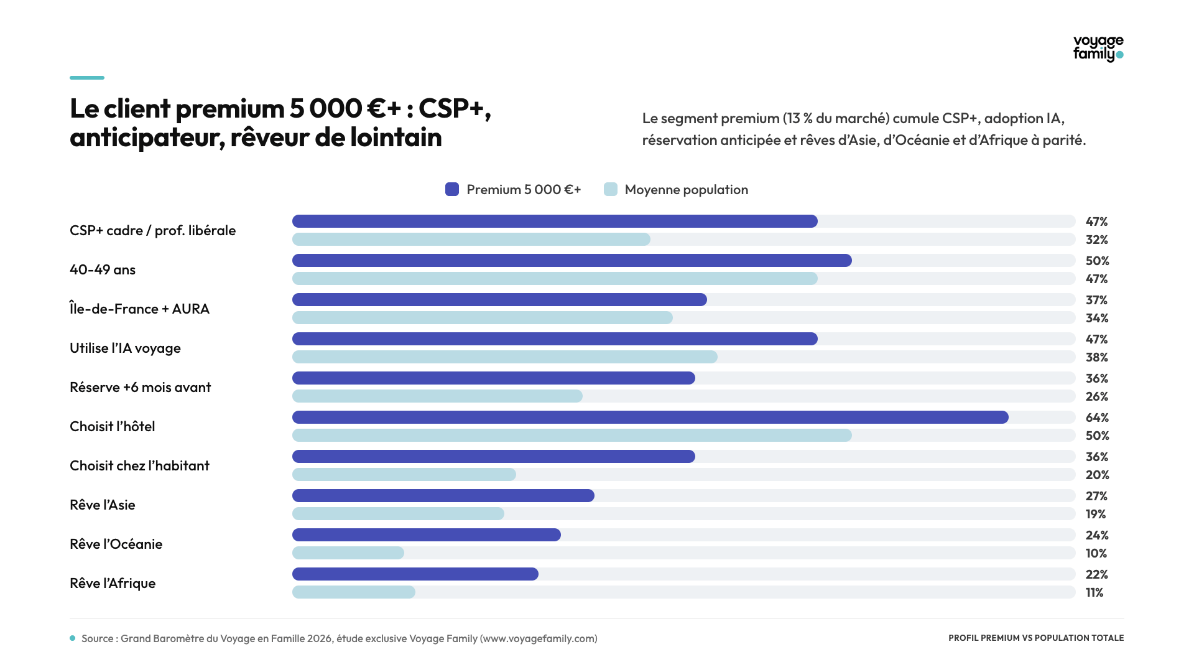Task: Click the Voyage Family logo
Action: coord(1098,49)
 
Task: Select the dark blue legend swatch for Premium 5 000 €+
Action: coord(452,189)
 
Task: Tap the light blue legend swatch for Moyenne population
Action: coord(611,189)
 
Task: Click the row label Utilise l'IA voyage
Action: coord(125,348)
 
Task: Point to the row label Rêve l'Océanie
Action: coord(116,544)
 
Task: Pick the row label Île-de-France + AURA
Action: coord(139,309)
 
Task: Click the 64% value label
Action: coord(1097,418)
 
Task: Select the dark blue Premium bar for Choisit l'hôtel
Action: coord(650,418)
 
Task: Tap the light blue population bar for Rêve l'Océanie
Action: coord(348,553)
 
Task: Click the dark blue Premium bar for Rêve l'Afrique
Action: coord(415,574)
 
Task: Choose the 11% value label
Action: coord(1094,592)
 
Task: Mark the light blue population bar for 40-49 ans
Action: coord(555,279)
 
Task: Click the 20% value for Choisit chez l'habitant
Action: coord(1097,475)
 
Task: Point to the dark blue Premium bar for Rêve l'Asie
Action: coord(443,496)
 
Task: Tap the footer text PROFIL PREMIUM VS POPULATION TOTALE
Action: coord(1036,638)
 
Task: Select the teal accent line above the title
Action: coord(87,78)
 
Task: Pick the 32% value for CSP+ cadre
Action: coord(1097,240)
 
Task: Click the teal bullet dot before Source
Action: coord(73,638)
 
